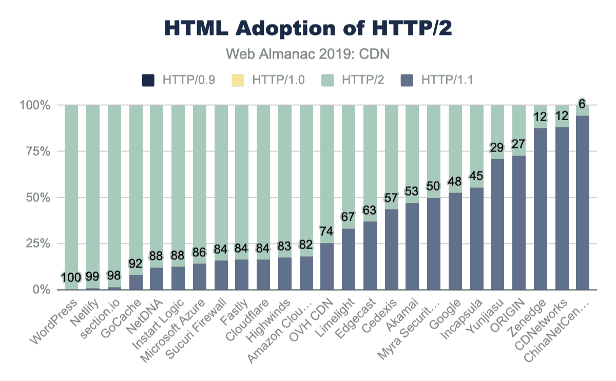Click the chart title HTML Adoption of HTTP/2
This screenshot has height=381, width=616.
(x=308, y=29)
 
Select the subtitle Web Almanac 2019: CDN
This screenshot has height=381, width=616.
(x=308, y=53)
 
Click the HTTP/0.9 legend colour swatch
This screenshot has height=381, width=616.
(x=148, y=80)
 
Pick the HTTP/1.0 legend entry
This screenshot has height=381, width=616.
(x=272, y=80)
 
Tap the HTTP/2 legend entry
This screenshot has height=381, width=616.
(x=354, y=80)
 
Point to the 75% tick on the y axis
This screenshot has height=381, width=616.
(x=35, y=151)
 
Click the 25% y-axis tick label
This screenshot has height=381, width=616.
(x=35, y=243)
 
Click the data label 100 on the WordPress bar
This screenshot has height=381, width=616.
(x=71, y=278)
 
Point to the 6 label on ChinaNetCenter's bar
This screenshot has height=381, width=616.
(x=582, y=103)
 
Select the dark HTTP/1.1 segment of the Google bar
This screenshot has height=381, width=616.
(x=455, y=241)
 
